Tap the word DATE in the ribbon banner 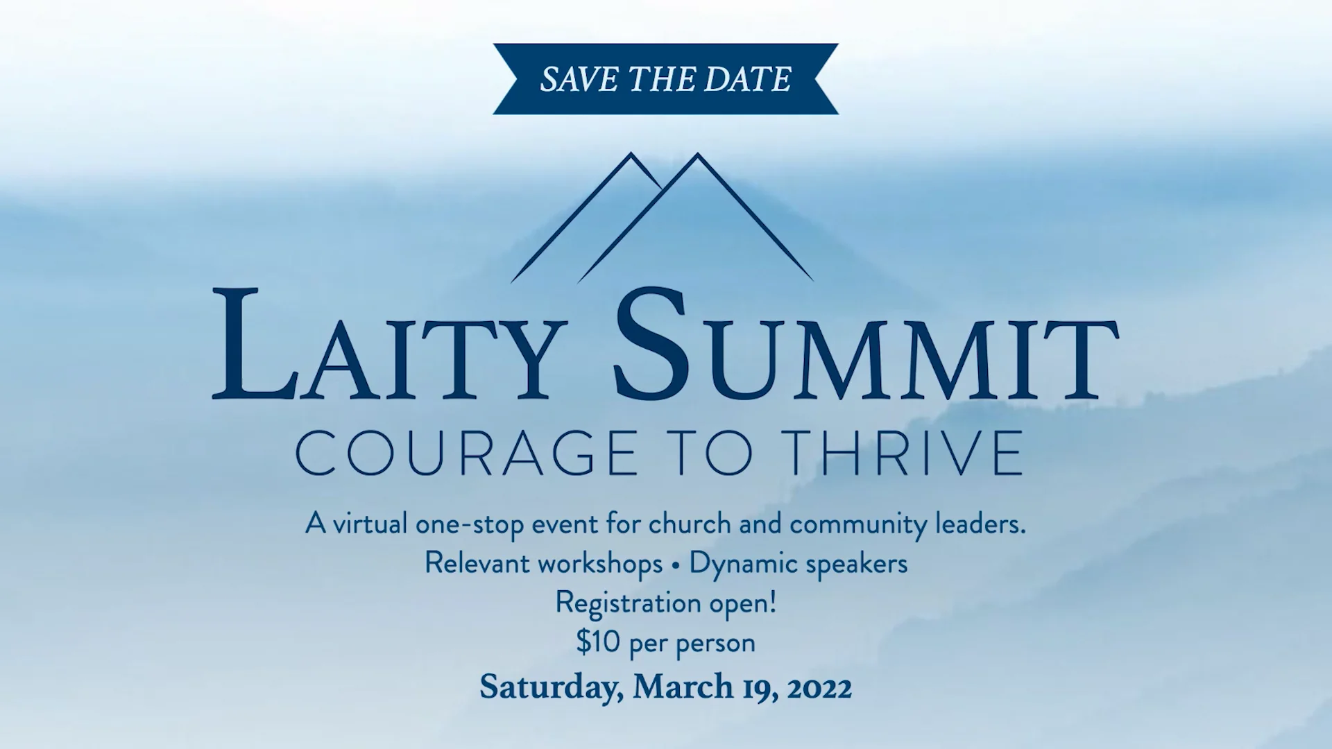[x=747, y=79]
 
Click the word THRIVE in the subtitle [x=905, y=453]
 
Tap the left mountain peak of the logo [x=631, y=156]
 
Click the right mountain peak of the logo [x=697, y=157]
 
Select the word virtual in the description [x=370, y=524]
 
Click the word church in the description [x=690, y=524]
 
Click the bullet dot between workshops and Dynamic [x=676, y=565]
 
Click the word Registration [x=628, y=603]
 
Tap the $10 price [x=598, y=642]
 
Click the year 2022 [x=819, y=688]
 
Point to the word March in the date [x=683, y=687]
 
